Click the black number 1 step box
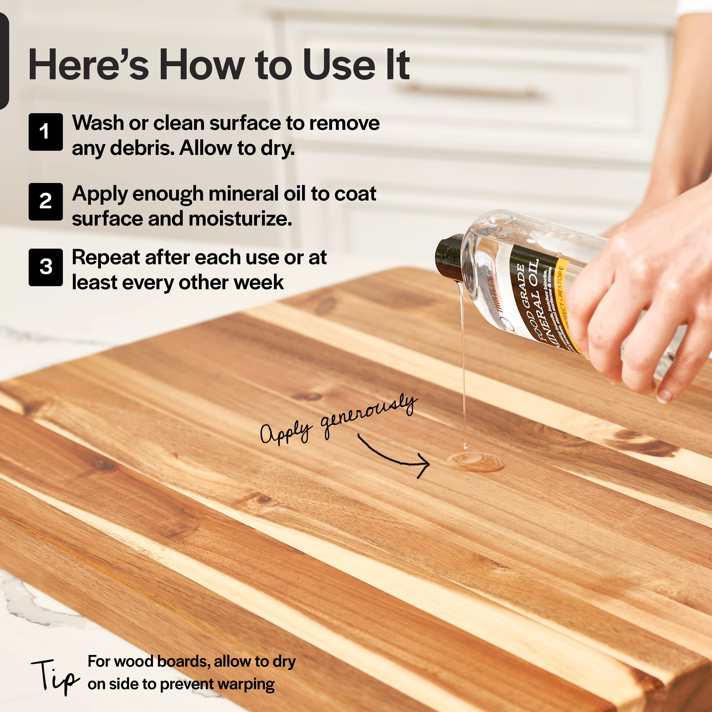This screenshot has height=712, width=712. [45, 132]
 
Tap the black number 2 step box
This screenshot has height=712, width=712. [45, 202]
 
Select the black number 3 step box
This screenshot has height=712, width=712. [45, 267]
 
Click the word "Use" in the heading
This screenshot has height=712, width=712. [339, 65]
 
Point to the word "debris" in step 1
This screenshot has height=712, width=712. [141, 148]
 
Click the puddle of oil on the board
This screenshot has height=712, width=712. [475, 462]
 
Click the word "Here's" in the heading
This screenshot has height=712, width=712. [88, 65]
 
